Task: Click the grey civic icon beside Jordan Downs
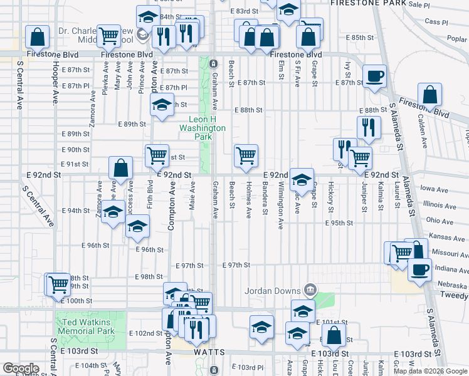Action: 310,290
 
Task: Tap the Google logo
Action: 21,368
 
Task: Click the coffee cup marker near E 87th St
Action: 375,76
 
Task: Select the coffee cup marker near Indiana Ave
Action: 419,269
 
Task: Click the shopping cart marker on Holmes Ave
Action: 246,155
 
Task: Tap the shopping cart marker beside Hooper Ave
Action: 58,285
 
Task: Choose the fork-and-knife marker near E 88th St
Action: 369,127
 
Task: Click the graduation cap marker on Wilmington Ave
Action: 302,180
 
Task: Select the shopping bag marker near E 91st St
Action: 121,168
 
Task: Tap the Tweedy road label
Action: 458,295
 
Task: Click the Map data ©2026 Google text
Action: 430,371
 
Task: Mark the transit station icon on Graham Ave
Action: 213,64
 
